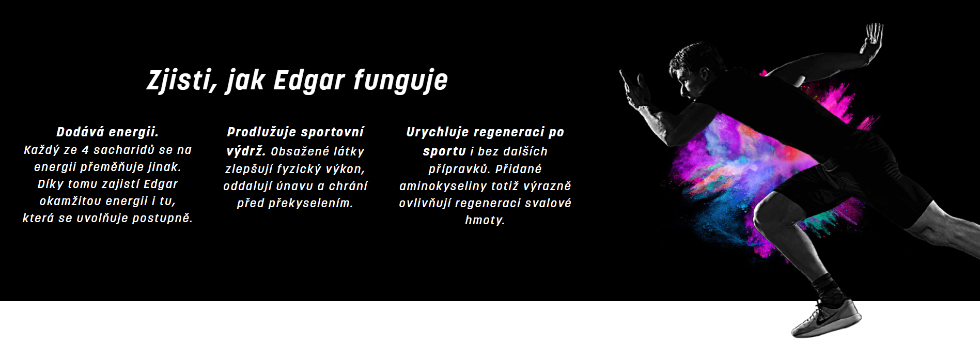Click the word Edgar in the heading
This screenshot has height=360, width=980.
point(309,81)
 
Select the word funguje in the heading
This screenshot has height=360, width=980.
point(401,81)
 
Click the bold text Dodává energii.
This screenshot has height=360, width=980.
point(107,132)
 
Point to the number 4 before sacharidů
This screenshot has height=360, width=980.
point(85,150)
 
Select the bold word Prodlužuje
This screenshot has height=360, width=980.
point(261,132)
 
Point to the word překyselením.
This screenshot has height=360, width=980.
point(310,204)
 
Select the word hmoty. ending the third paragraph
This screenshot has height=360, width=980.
point(485,221)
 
